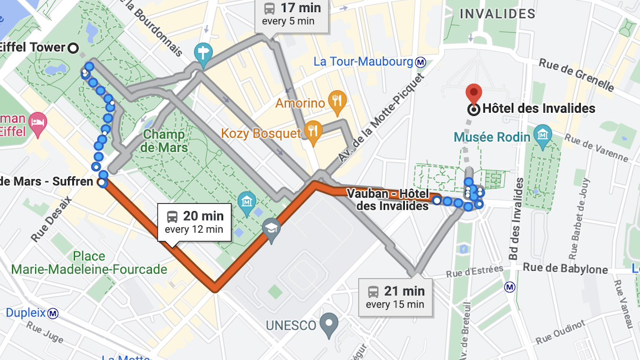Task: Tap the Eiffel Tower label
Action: [x=32, y=48]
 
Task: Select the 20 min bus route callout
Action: [x=194, y=222]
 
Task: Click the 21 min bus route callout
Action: [x=395, y=297]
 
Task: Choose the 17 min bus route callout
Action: [x=292, y=14]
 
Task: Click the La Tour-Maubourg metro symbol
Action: [x=420, y=62]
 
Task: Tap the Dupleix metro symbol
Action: [x=52, y=313]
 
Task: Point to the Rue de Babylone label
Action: [x=565, y=270]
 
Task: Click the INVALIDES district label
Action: [x=498, y=14]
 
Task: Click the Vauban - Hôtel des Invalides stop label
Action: [x=388, y=200]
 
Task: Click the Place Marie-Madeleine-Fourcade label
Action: [x=89, y=263]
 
